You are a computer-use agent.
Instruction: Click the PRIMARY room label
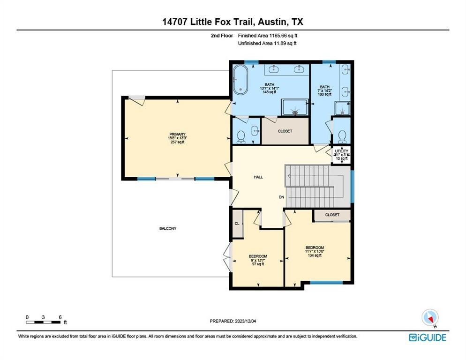point(178,134)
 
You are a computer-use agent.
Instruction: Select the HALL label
point(258,177)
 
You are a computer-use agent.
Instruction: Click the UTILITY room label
point(341,151)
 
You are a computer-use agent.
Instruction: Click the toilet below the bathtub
point(241,136)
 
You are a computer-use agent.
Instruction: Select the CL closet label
point(237,224)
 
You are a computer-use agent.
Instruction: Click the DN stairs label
point(282,197)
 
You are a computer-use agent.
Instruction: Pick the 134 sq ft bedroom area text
point(315,255)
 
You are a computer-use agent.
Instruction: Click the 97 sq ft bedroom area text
point(258,264)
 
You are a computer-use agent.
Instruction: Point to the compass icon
point(429,318)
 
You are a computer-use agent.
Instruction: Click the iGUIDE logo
point(427,337)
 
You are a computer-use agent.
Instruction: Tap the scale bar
point(44,322)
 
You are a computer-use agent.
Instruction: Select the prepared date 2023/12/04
point(233,321)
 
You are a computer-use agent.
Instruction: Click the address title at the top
point(233,22)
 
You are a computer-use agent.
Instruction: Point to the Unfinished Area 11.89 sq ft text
point(267,43)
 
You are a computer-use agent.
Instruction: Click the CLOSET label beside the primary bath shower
point(285,131)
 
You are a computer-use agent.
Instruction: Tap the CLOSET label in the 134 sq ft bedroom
point(332,215)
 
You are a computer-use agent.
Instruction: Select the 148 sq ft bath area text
point(269,92)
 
